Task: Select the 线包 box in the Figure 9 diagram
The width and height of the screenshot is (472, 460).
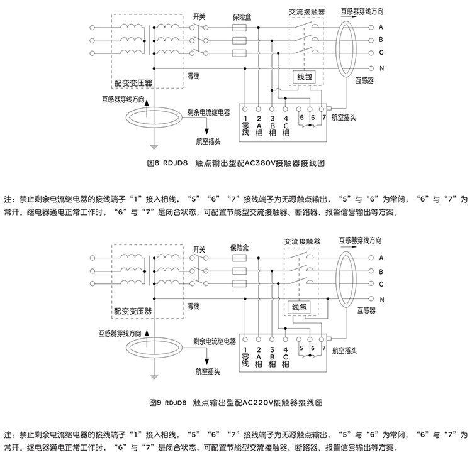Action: [298, 307]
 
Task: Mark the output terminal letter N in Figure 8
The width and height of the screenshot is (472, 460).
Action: [381, 68]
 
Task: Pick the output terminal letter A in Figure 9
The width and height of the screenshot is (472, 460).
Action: [381, 258]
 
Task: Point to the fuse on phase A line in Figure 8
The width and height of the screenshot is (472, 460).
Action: [239, 28]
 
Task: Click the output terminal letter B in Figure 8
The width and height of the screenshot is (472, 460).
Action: [381, 40]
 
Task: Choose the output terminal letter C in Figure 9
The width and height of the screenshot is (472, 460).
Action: [381, 285]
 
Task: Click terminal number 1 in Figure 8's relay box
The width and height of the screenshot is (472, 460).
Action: [245, 118]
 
